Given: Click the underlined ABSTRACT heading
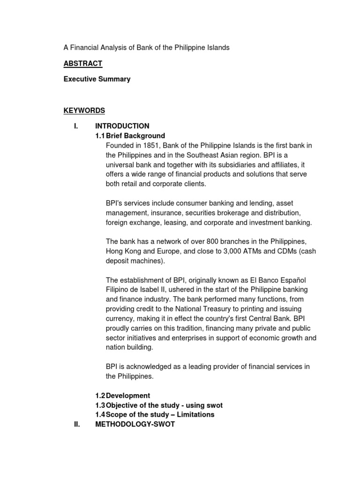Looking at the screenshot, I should [82, 64].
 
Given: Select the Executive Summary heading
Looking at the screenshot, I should [97, 79].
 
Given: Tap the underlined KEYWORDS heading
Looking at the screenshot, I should [84, 111].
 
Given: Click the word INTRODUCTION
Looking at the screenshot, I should [122, 126].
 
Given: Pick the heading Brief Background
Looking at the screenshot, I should [135, 136].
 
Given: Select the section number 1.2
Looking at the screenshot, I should [100, 396].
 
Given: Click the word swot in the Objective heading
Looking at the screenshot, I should [214, 405].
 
